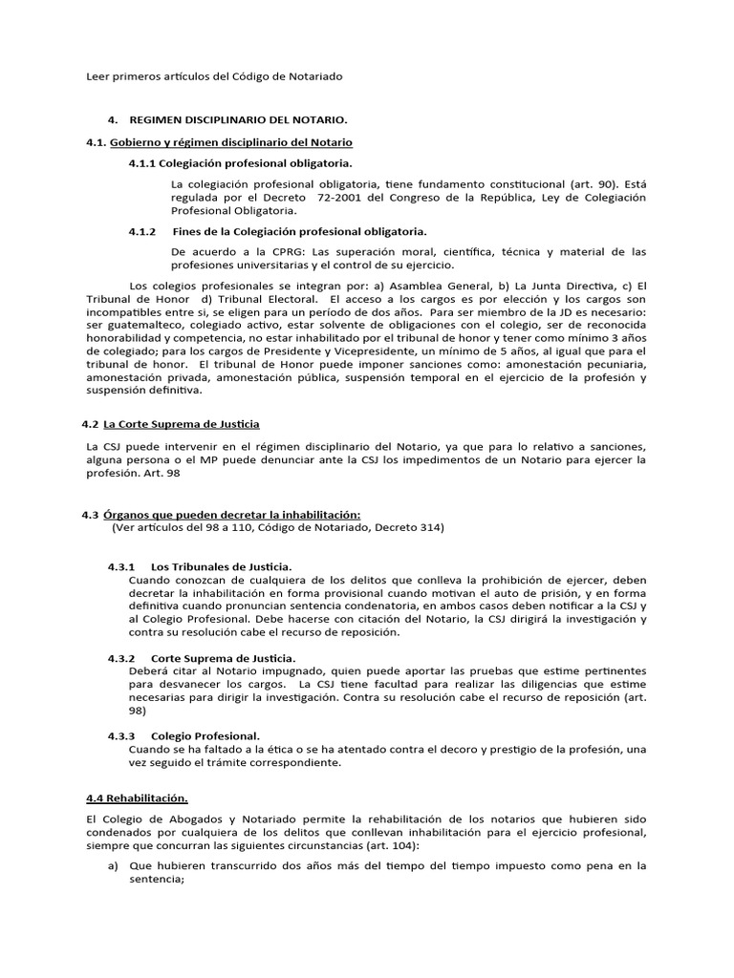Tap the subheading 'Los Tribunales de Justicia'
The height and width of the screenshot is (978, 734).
222,566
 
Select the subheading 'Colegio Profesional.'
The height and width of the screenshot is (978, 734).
205,735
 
